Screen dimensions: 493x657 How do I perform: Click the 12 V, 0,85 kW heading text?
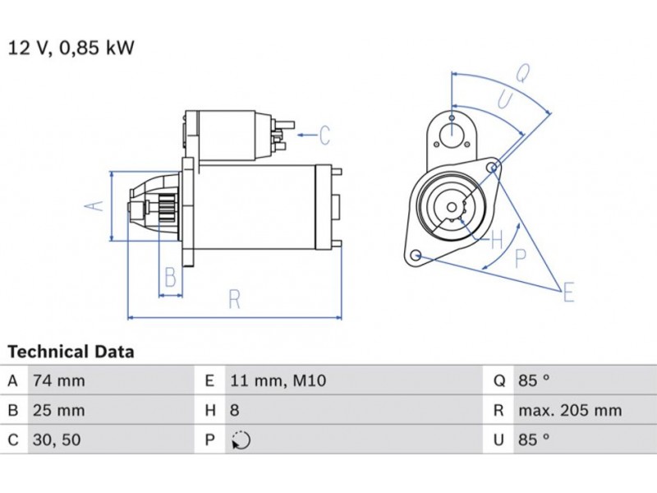[x=71, y=47]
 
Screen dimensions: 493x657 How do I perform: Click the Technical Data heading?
[x=71, y=352]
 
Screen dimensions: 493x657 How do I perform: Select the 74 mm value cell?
[x=57, y=380]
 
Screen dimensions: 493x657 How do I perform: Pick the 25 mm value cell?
[x=57, y=410]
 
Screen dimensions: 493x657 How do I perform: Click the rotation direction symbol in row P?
[x=241, y=440]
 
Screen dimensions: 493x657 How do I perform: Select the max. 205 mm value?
[x=569, y=410]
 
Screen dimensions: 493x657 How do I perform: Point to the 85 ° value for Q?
[x=533, y=380]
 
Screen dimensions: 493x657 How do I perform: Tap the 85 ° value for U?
[x=533, y=440]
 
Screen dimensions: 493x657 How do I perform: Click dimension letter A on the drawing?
[x=97, y=205]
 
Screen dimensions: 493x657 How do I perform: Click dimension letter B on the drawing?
[x=170, y=277]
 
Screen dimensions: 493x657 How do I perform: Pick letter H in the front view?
[x=495, y=241]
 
